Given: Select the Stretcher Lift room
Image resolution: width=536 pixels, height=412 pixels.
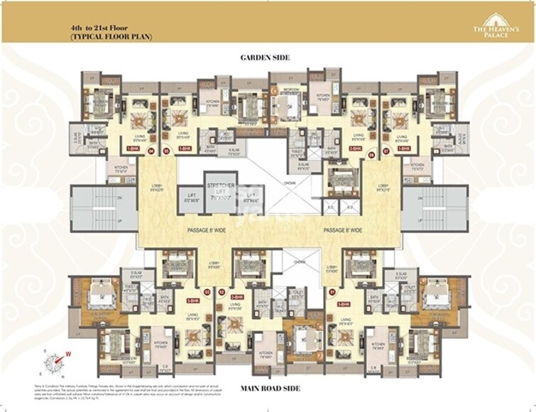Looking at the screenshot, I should pyautogui.click(x=220, y=193).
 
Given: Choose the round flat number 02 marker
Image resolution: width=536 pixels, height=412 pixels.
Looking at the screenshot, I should pyautogui.click(x=223, y=291).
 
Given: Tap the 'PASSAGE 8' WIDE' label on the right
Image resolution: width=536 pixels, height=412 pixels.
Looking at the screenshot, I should pyautogui.click(x=344, y=229).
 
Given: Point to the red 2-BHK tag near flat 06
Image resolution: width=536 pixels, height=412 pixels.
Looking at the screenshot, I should pyautogui.click(x=355, y=149).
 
